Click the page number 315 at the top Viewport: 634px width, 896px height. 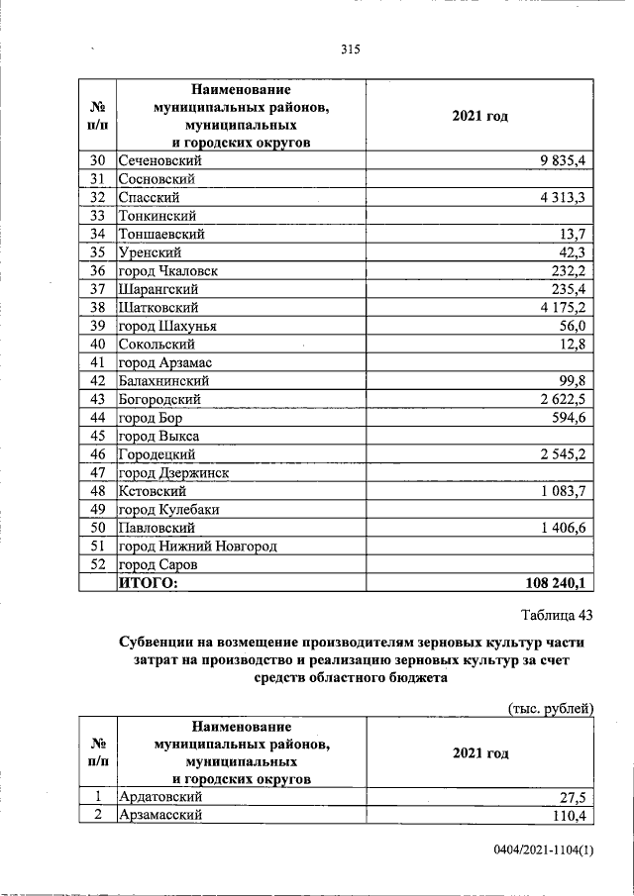348,50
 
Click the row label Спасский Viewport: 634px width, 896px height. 149,197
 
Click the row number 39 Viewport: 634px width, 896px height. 97,326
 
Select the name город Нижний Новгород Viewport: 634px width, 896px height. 197,546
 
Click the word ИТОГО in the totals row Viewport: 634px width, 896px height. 148,583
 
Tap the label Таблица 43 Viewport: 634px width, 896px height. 556,616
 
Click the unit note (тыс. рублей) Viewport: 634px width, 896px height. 549,707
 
